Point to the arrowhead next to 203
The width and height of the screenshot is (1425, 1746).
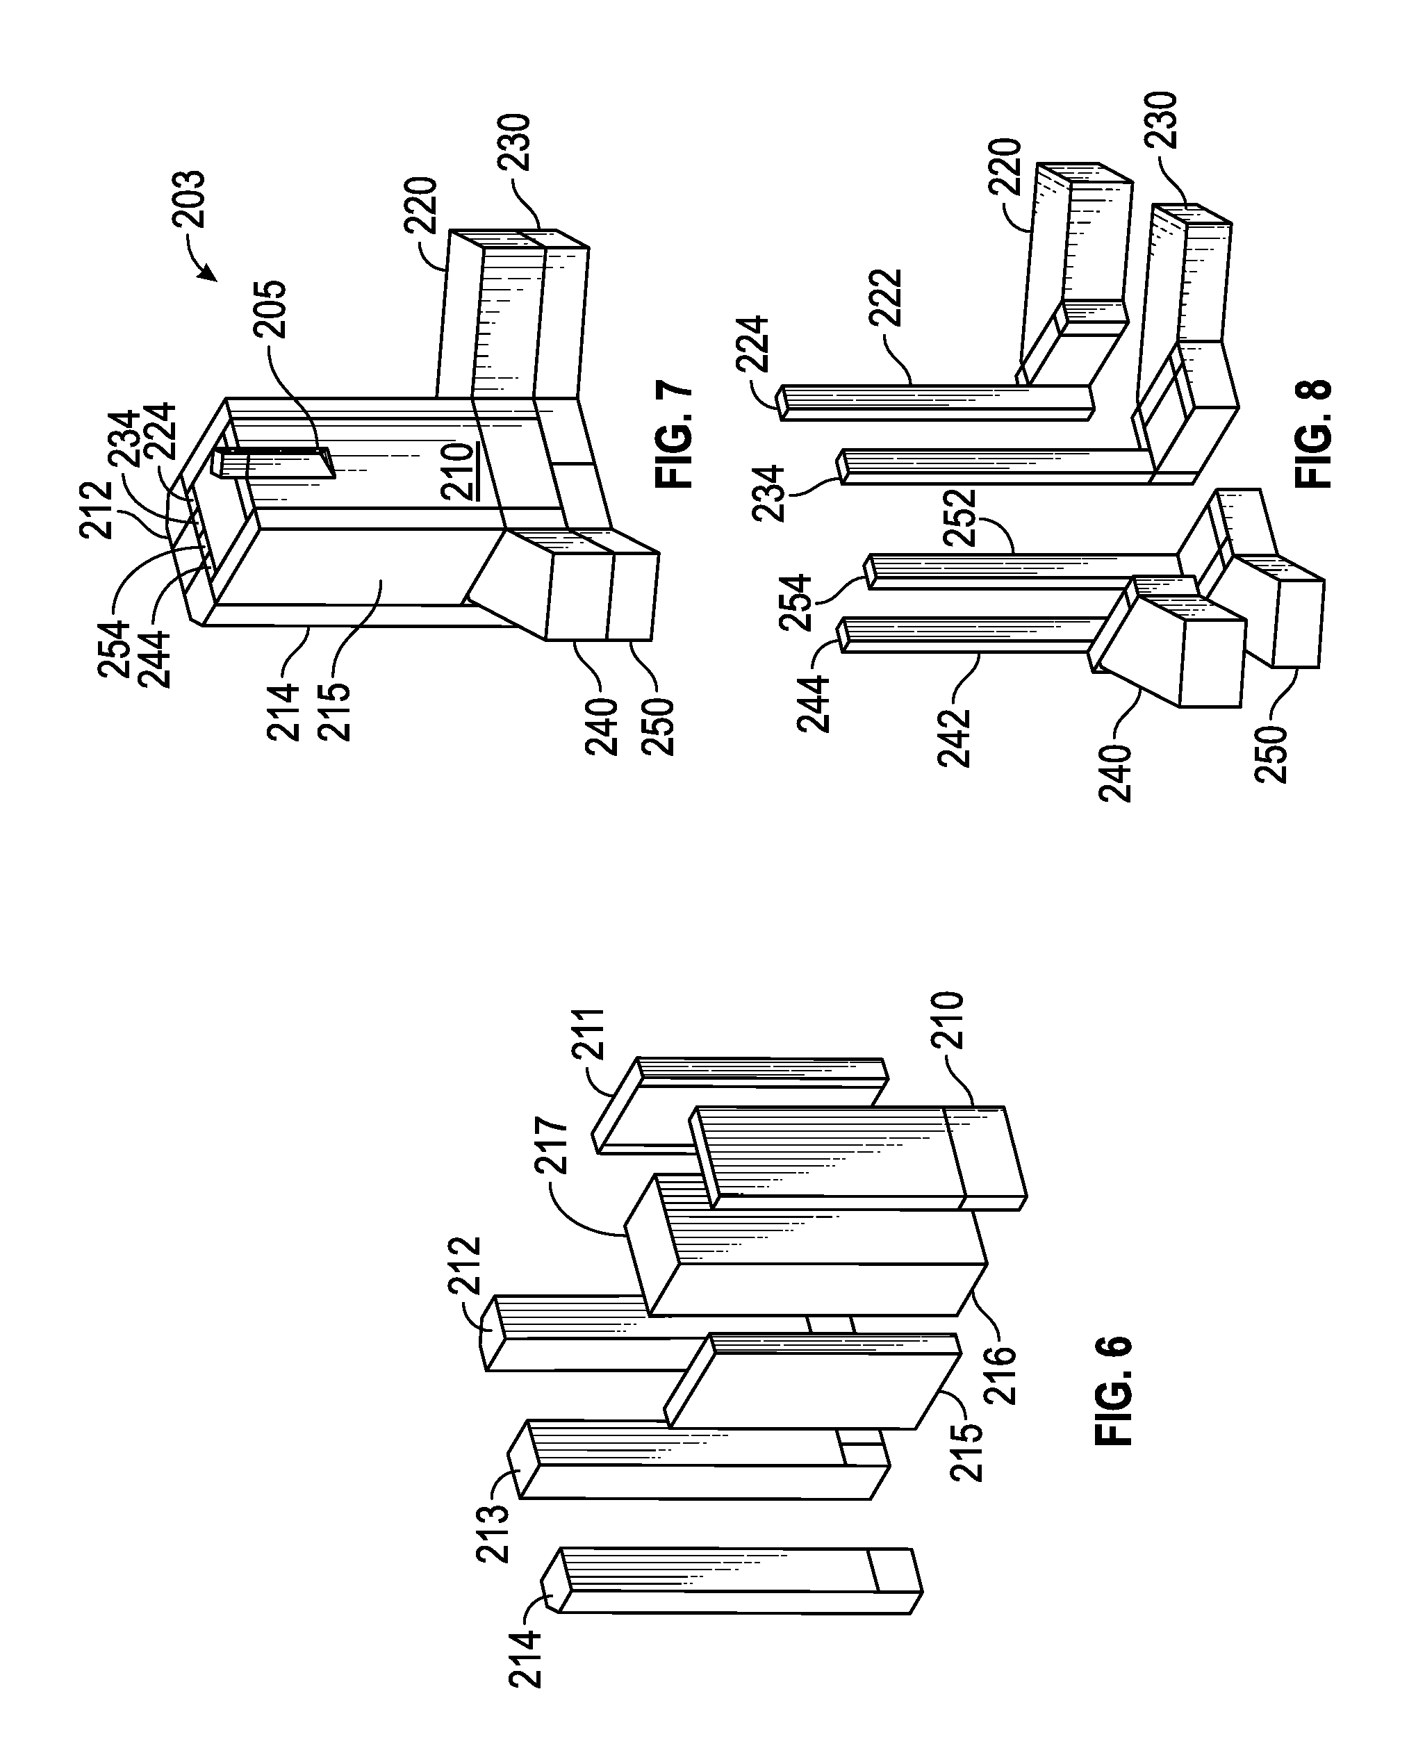(209, 273)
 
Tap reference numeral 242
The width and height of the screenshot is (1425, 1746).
(954, 737)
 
